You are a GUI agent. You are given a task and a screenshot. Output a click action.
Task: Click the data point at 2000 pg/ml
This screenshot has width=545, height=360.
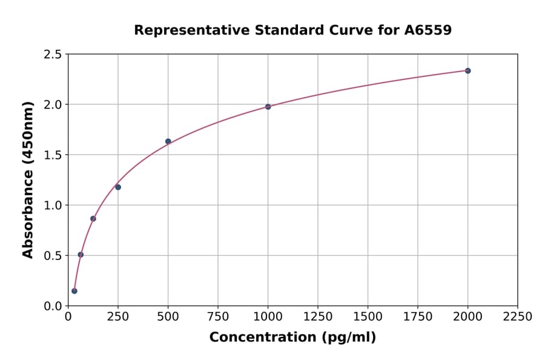pos(467,71)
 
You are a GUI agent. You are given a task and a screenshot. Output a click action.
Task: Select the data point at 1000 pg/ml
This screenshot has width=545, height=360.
pos(268,107)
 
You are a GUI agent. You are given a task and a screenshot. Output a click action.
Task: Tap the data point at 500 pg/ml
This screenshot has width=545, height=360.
pos(168,141)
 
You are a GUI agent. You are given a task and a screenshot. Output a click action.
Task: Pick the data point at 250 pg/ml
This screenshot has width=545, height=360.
pos(118,187)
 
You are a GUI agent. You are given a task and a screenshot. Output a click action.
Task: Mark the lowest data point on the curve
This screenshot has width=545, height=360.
pos(74,291)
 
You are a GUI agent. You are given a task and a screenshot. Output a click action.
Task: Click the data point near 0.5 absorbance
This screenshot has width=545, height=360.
pos(81,255)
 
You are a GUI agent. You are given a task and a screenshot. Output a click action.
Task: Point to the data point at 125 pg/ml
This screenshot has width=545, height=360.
pos(93,219)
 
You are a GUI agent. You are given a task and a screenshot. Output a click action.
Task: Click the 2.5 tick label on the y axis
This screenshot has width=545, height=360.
pos(53,55)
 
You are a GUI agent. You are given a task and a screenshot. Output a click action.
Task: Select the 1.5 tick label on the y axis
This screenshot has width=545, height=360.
pos(53,155)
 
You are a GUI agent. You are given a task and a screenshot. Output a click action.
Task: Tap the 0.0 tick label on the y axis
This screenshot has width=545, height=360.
pos(53,306)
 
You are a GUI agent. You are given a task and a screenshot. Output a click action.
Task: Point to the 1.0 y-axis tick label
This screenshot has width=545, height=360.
pos(53,205)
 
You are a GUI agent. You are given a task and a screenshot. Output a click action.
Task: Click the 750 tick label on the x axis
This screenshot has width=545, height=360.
pos(218,317)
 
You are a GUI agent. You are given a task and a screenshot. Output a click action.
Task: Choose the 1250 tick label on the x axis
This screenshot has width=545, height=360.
pos(318,317)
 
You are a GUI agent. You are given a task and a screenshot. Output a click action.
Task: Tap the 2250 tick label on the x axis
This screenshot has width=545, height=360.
pos(518,317)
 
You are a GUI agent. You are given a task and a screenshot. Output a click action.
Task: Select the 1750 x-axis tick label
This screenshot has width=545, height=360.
pos(418,317)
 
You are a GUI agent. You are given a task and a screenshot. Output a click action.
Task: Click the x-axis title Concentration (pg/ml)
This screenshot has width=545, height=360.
pos(292,338)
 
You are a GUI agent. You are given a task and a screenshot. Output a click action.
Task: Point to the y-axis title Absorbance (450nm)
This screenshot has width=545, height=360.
pos(28,180)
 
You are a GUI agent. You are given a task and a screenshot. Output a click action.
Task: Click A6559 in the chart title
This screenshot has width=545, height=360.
pos(428,30)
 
